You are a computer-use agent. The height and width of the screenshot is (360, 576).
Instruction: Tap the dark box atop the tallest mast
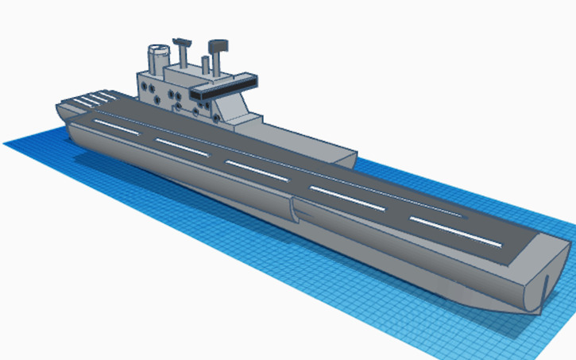218,45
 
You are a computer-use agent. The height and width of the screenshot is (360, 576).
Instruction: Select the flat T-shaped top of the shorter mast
182,41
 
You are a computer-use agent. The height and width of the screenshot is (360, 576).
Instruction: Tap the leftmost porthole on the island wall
145,83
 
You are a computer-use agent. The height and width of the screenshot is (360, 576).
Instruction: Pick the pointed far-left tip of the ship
57,109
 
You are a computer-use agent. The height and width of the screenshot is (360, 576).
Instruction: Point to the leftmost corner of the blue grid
5,143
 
